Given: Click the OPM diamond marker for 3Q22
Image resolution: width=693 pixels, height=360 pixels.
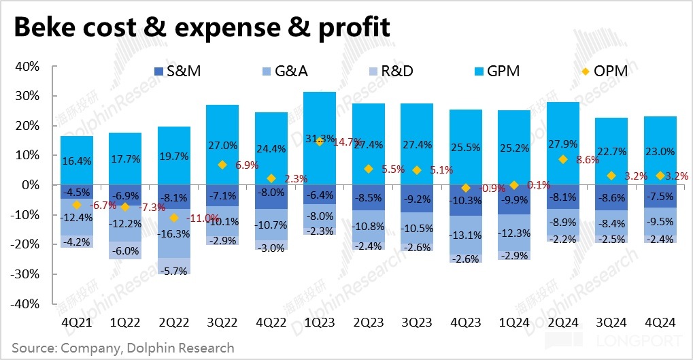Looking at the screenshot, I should tap(222, 165).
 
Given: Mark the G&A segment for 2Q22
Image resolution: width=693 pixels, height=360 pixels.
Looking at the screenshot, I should tap(174, 233).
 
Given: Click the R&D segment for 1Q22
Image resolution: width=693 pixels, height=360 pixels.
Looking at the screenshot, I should tap(125, 250).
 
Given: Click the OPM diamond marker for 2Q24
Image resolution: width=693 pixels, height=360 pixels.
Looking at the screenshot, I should tap(562, 159).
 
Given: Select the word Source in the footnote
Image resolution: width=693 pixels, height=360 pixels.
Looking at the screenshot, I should tap(35, 348).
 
